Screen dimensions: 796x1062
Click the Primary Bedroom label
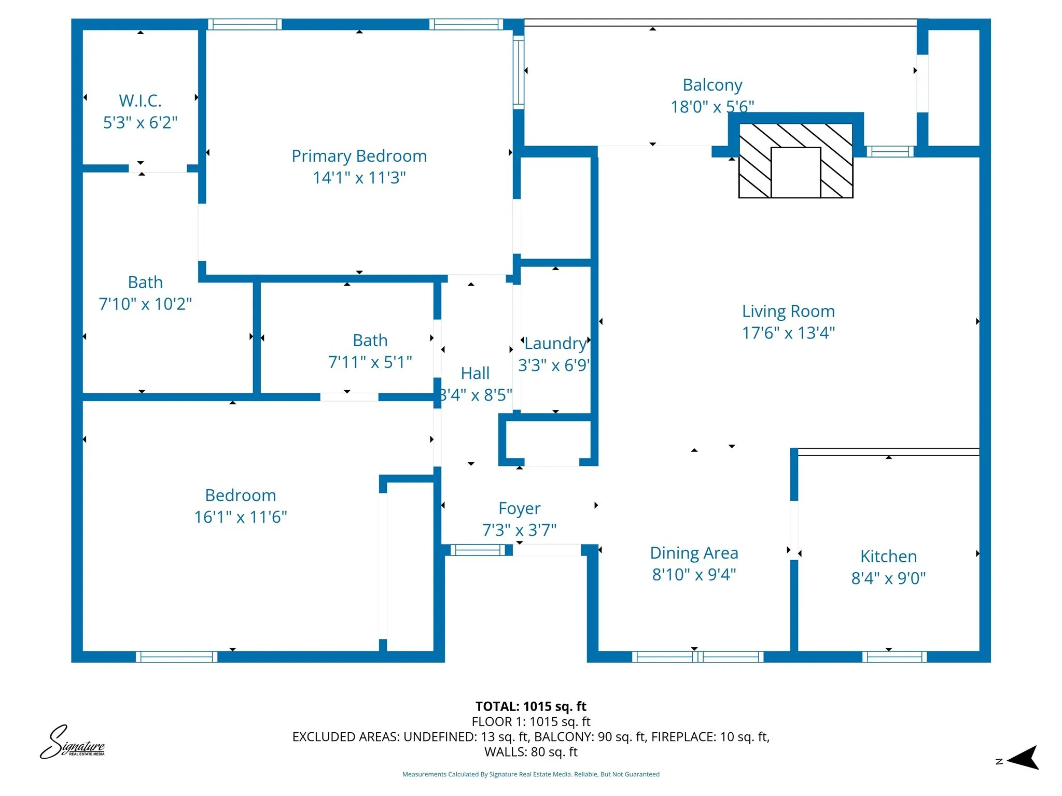pos(359,156)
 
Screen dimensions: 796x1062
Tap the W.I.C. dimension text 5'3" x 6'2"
pos(140,123)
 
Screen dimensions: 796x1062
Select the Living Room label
pos(788,311)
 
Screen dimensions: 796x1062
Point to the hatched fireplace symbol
pos(795,161)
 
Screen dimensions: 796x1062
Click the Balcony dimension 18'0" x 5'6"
pos(711,107)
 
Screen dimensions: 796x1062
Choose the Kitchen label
pos(888,556)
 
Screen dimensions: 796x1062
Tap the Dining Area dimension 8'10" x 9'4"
pos(694,575)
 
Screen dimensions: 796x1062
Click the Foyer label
pos(519,508)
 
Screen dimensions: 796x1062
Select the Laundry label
pos(555,344)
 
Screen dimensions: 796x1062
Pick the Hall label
pos(475,373)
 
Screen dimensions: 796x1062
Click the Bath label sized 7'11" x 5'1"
pos(370,340)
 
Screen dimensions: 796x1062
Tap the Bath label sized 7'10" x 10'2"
pos(145,282)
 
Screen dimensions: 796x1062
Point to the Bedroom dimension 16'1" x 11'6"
pos(240,517)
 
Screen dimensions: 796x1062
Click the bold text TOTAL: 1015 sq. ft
pos(530,706)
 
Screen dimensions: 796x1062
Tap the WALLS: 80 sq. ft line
pos(530,752)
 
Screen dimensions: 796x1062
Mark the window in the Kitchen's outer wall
pos(894,657)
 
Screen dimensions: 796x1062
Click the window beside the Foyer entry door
pos(477,550)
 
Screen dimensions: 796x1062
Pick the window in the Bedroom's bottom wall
pos(176,657)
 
